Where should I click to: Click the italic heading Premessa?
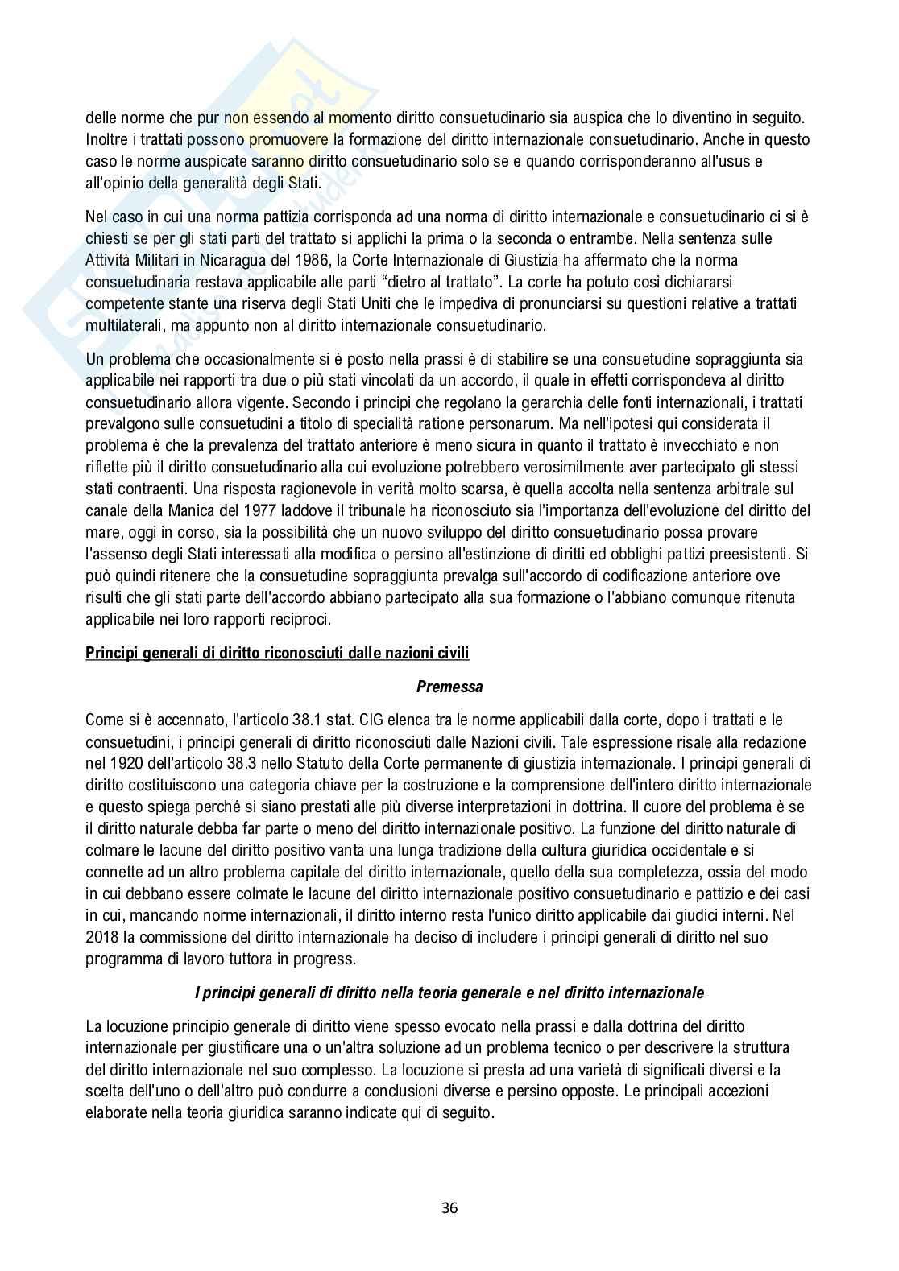pyautogui.click(x=449, y=687)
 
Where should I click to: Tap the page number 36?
pyautogui.click(x=449, y=1207)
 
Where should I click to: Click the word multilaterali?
pyautogui.click(x=123, y=326)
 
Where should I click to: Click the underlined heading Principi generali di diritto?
pyautogui.click(x=277, y=653)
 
